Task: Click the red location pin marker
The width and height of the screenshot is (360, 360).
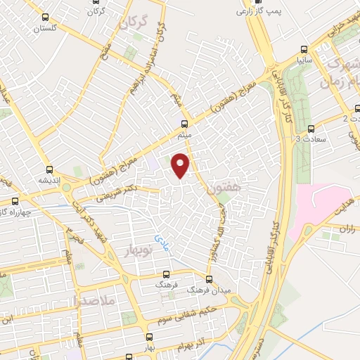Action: [181, 165]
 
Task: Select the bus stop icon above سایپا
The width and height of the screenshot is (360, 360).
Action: [303, 49]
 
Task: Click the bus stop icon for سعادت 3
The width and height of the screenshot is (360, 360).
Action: [311, 129]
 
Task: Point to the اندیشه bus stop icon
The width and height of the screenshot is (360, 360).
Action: [49, 169]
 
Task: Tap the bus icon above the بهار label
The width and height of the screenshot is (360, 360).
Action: [148, 336]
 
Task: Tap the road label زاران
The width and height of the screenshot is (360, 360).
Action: [347, 229]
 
